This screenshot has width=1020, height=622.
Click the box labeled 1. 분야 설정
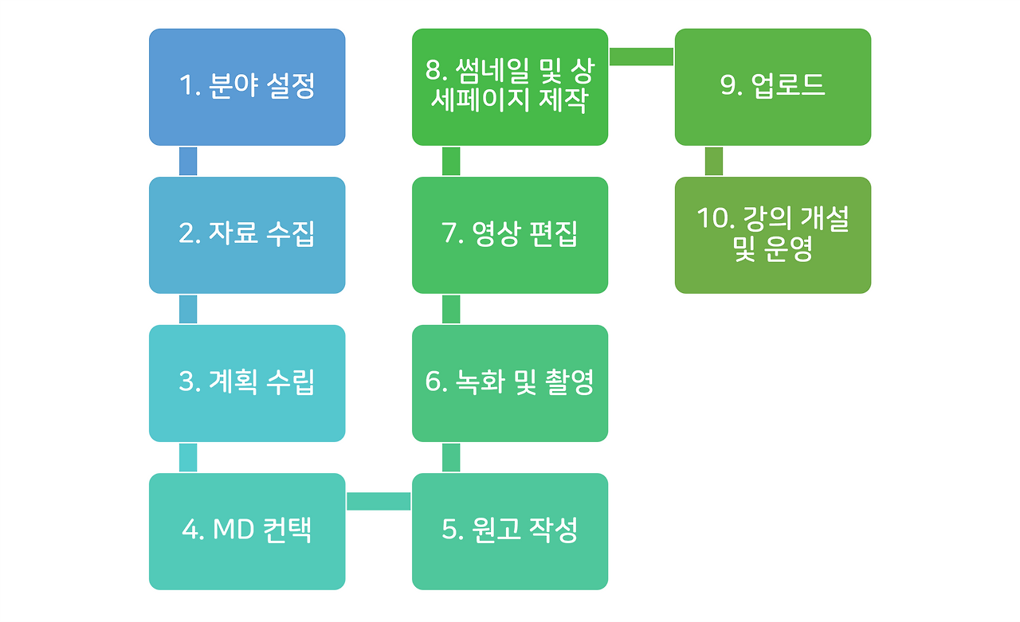[247, 87]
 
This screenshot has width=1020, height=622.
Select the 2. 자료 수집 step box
[247, 235]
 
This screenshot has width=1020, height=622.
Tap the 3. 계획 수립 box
[247, 383]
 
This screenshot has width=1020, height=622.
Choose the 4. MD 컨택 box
[247, 531]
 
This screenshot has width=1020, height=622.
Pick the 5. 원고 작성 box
[510, 531]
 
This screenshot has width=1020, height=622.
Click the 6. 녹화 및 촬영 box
[510, 383]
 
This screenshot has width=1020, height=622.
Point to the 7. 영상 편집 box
[510, 235]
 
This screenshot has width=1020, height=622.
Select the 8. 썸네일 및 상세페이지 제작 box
[510, 87]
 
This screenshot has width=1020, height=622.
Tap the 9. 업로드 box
[773, 87]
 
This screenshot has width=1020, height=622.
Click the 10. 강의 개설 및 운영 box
[773, 235]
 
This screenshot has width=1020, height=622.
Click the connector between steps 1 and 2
[188, 161]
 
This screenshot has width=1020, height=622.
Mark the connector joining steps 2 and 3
[188, 310]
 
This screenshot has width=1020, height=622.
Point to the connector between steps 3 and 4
[188, 457]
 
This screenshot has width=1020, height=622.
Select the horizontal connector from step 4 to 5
[379, 502]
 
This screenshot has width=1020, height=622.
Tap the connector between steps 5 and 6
[451, 457]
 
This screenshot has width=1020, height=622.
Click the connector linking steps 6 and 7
[451, 310]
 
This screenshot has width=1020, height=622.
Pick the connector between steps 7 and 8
[451, 161]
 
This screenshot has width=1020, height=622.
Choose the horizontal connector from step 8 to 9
[641, 57]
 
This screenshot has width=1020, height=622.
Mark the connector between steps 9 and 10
[713, 161]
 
